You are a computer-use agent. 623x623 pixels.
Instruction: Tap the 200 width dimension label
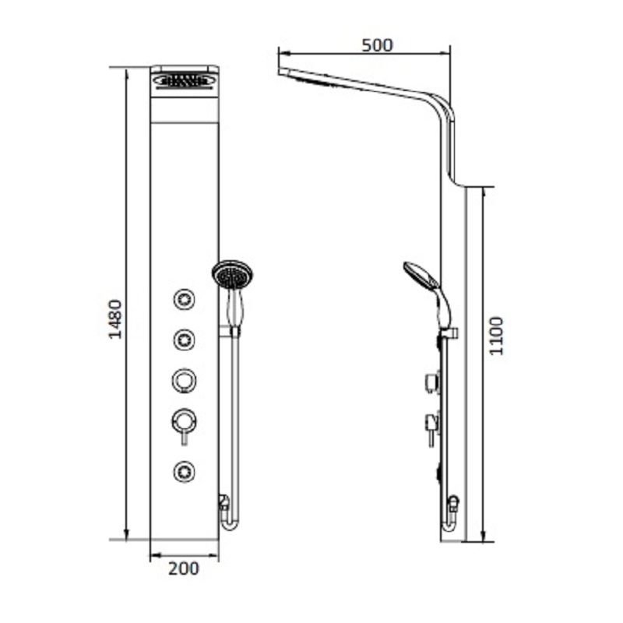pyautogui.click(x=184, y=568)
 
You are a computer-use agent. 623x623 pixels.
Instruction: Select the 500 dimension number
pyautogui.click(x=378, y=44)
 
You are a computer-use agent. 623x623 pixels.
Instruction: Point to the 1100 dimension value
pyautogui.click(x=496, y=336)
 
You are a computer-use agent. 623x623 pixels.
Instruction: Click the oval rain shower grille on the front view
pyautogui.click(x=184, y=79)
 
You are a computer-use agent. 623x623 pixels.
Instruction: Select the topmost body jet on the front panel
pyautogui.click(x=185, y=298)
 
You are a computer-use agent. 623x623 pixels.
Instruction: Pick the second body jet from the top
pyautogui.click(x=185, y=339)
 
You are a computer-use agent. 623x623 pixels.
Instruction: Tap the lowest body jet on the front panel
pyautogui.click(x=185, y=470)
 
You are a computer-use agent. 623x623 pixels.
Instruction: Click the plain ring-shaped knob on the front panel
pyautogui.click(x=185, y=380)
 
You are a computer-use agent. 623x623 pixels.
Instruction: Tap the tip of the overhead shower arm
pyautogui.click(x=282, y=72)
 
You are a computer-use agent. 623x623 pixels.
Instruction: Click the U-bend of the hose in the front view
pyautogui.click(x=230, y=525)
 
